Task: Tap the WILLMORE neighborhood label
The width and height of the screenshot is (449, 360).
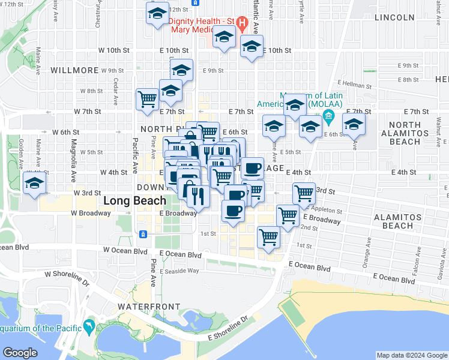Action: click(x=74, y=70)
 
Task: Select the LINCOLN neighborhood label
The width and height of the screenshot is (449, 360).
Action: click(x=394, y=17)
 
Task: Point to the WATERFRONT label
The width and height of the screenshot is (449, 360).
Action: click(x=149, y=307)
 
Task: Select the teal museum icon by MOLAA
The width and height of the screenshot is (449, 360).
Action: click(x=328, y=115)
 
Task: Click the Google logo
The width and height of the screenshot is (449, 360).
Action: click(x=20, y=353)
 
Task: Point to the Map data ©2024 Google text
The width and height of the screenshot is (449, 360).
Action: click(x=412, y=355)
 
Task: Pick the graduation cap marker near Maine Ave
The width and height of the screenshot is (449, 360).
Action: click(x=35, y=183)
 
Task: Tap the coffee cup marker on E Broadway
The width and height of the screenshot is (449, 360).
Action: click(x=233, y=211)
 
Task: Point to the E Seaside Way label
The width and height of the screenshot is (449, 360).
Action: click(x=179, y=271)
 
